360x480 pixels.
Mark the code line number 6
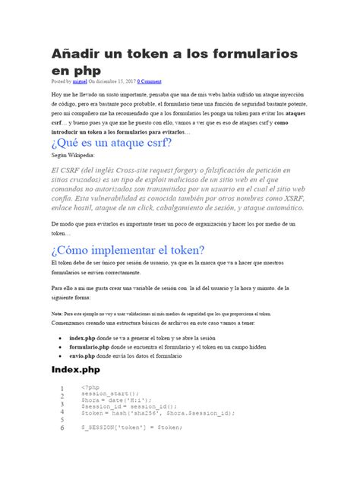pos(62,427)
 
